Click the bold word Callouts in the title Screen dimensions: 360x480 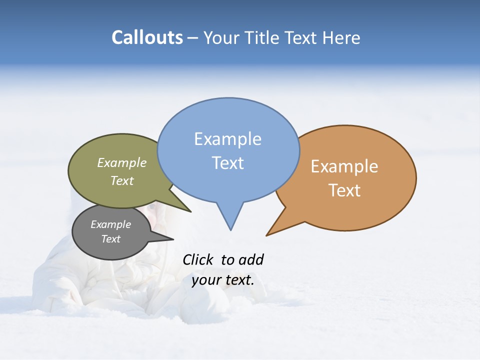(147, 37)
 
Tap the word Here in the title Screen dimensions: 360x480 (341, 37)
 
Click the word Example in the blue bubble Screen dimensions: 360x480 (227, 139)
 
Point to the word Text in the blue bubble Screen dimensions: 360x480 (227, 163)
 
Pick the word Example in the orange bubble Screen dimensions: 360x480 (344, 166)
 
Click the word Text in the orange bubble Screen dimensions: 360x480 (344, 190)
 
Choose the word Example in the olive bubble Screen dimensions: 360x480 (122, 162)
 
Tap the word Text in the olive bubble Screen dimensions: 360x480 (122, 180)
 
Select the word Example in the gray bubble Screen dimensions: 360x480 (110, 224)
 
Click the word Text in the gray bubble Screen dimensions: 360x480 (110, 239)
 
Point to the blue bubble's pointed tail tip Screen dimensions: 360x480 (230, 230)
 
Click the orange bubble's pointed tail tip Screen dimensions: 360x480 (266, 235)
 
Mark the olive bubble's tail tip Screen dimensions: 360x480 (190, 211)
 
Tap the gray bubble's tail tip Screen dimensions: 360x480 (173, 239)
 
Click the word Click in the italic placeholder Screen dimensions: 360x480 (197, 259)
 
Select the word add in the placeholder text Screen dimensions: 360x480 (251, 259)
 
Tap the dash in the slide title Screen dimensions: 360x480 (193, 38)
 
